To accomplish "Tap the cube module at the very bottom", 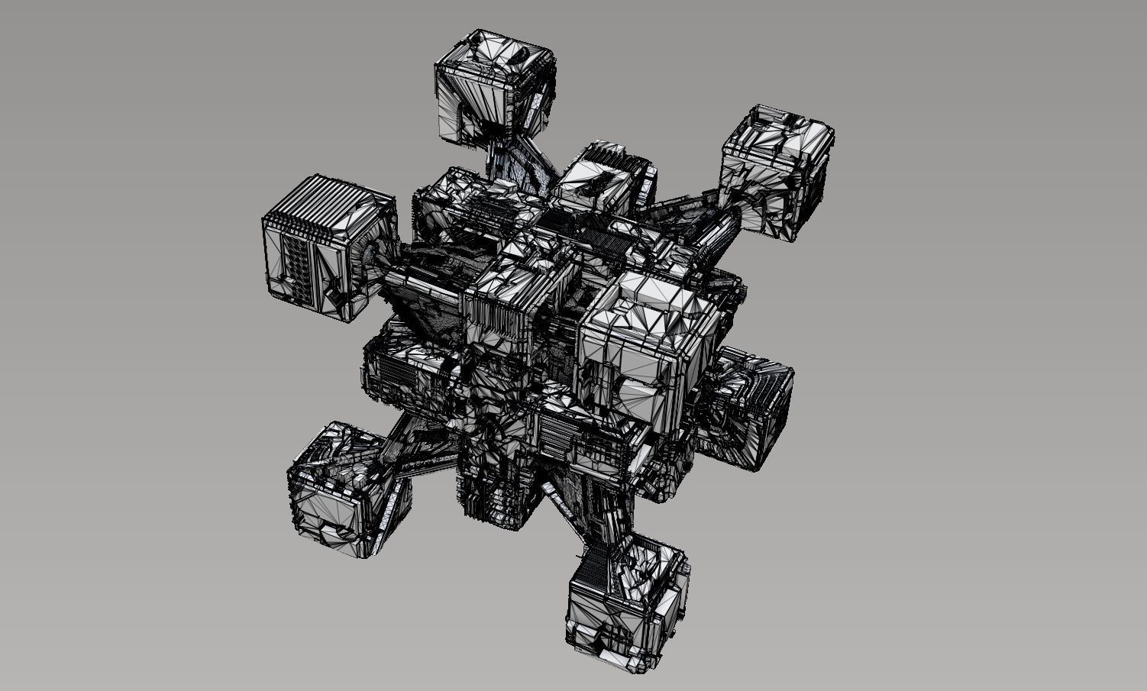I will [x=626, y=607].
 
